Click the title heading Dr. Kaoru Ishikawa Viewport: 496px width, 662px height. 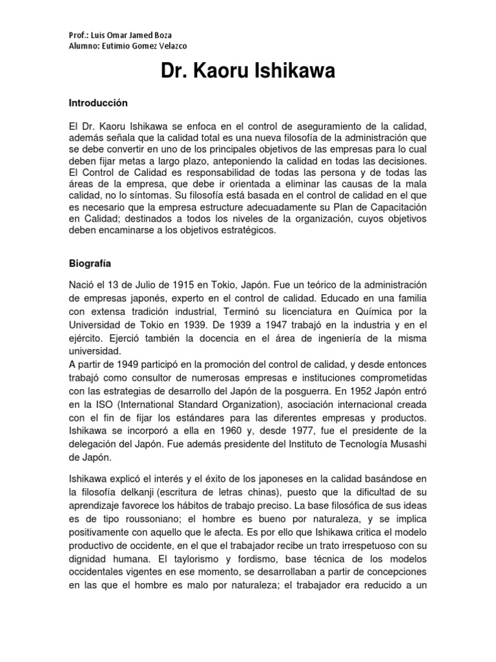point(248,72)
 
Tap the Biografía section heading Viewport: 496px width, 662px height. point(91,264)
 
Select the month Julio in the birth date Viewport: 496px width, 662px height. point(132,286)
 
